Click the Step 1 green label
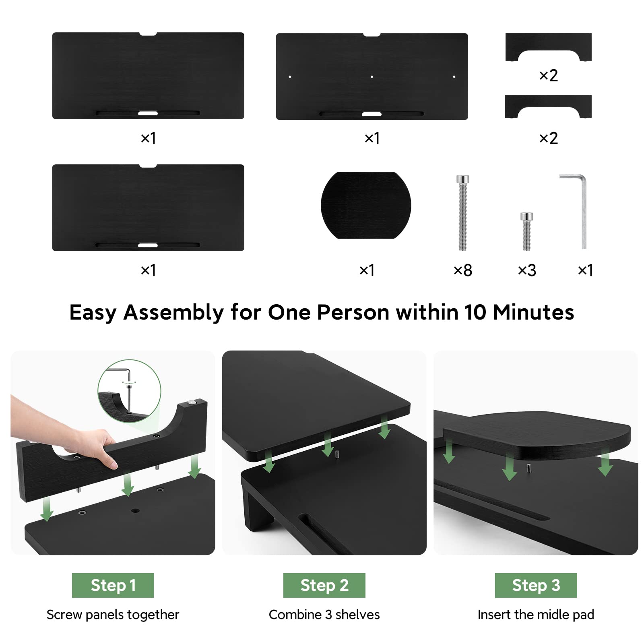pyautogui.click(x=113, y=585)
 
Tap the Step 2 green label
pyautogui.click(x=324, y=585)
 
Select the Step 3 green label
pyautogui.click(x=536, y=585)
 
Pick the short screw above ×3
pyautogui.click(x=526, y=231)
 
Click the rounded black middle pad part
pyautogui.click(x=365, y=205)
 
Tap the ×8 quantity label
pyautogui.click(x=463, y=270)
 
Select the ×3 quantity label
pyautogui.click(x=527, y=270)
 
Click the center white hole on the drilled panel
pyautogui.click(x=372, y=76)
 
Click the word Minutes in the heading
pyautogui.click(x=533, y=312)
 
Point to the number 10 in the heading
pyautogui.click(x=475, y=312)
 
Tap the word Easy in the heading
pyautogui.click(x=93, y=312)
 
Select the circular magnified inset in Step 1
pyautogui.click(x=129, y=390)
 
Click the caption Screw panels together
pyautogui.click(x=113, y=615)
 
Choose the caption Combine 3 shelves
pyautogui.click(x=324, y=615)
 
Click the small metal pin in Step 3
pyautogui.click(x=528, y=469)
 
